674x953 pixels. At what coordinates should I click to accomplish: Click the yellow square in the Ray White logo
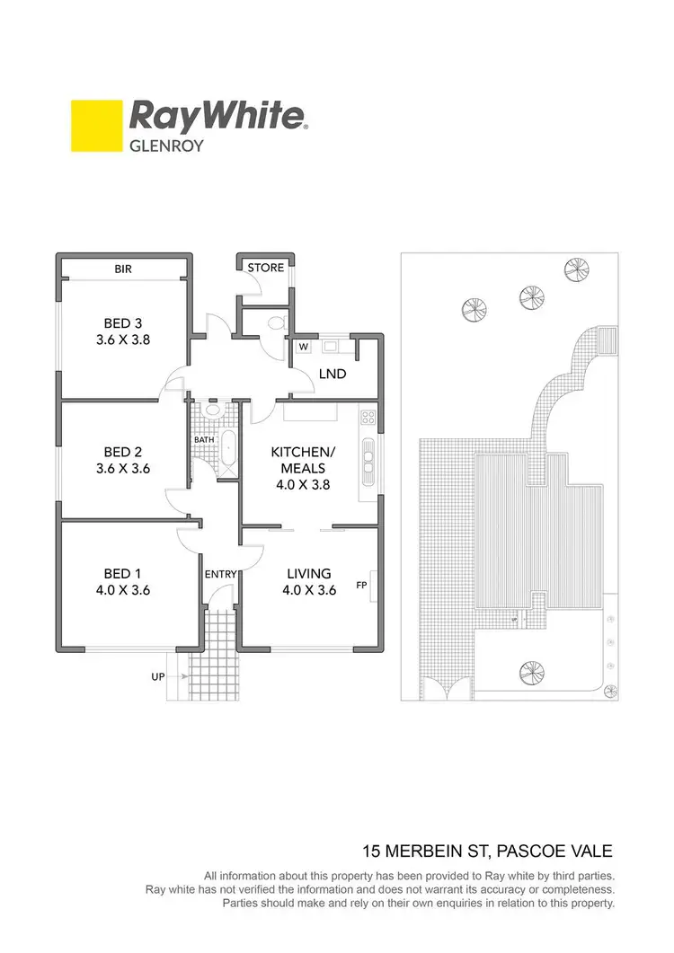click(96, 125)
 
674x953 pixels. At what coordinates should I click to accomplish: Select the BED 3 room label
click(123, 323)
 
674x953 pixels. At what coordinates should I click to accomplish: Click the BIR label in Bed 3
click(123, 268)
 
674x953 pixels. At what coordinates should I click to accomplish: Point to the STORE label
click(265, 268)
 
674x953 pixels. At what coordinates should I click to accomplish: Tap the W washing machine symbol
click(303, 347)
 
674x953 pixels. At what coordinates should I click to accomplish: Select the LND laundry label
click(333, 374)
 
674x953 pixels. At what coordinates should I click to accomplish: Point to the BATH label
click(203, 440)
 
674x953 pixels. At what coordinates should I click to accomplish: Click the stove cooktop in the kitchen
click(367, 417)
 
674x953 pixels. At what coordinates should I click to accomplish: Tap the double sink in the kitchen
click(368, 460)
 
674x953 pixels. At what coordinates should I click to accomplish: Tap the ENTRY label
click(219, 574)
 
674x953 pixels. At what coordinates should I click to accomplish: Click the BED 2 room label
click(123, 452)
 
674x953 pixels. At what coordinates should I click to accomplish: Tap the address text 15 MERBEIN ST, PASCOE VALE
click(488, 850)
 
